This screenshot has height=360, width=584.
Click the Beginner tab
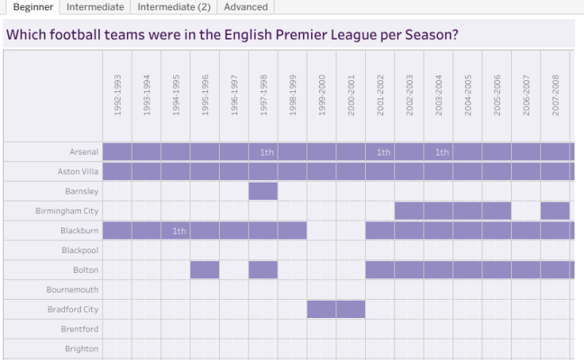(33, 7)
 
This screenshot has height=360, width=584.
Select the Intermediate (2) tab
(174, 7)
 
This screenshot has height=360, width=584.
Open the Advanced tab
(245, 7)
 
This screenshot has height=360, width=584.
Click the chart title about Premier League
(232, 36)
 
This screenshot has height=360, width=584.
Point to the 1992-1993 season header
(117, 96)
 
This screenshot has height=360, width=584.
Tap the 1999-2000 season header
(322, 96)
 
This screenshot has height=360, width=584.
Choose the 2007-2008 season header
(555, 96)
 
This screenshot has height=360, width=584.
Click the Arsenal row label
(83, 152)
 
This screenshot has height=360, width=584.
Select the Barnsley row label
(82, 191)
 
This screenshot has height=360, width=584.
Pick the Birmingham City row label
(67, 211)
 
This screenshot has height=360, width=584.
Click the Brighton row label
(82, 349)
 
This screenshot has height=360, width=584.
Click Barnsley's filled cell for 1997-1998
(263, 191)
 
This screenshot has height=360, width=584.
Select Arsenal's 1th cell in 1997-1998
(263, 152)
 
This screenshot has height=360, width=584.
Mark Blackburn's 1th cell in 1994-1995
(175, 231)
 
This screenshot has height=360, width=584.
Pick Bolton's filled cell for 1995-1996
(205, 270)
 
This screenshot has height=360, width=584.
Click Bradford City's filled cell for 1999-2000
(321, 309)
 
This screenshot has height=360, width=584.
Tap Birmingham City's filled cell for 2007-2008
(555, 211)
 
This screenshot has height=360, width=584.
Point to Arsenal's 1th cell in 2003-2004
(439, 152)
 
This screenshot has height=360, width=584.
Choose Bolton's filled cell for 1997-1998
(263, 270)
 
